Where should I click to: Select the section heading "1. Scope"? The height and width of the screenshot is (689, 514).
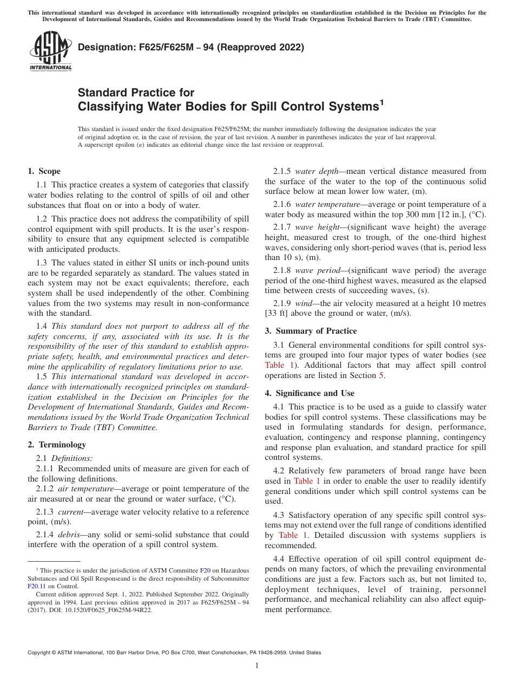(44, 171)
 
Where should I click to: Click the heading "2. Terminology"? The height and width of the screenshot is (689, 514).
(57, 445)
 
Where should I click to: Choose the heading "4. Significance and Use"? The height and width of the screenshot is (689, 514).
(309, 393)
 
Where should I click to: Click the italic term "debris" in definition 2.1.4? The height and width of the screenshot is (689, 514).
(69, 535)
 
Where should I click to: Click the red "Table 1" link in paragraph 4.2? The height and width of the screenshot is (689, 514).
(307, 481)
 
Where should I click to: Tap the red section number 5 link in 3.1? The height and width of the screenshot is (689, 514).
(383, 375)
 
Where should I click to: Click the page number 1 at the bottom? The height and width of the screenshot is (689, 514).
(257, 666)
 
